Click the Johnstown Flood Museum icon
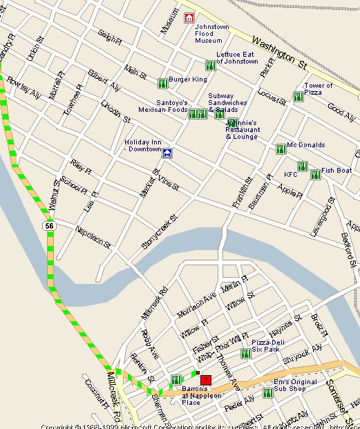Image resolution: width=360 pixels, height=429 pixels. pos(189,17)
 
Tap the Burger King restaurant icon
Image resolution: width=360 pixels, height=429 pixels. pos(162,83)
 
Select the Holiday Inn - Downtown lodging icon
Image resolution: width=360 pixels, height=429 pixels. pos(167,153)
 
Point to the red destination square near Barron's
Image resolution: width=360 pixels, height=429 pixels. pos(205,380)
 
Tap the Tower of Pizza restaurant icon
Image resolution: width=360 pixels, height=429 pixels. pos(298,97)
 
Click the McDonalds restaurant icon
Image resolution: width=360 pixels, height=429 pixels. pos(281,149)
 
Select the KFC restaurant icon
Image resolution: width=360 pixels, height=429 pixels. pos(303,166)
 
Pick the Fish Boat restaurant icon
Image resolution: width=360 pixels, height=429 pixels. pos(315,175)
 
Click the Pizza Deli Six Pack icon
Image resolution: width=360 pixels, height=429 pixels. pos(245,354)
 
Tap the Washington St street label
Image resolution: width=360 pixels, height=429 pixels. pos(279,52)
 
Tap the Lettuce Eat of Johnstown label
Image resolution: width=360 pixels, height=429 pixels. pos(237,58)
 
